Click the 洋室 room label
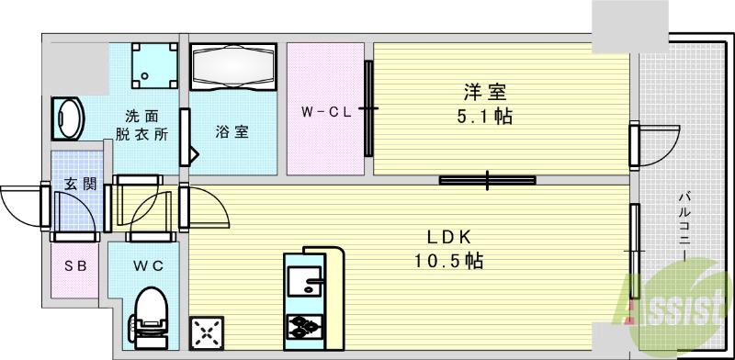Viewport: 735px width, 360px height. (486, 94)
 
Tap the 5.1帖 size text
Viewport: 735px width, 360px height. (486, 117)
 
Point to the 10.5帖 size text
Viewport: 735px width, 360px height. (447, 261)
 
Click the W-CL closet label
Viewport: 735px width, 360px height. (325, 113)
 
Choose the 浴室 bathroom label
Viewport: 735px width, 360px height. (232, 131)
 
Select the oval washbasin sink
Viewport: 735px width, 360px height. (66, 118)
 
